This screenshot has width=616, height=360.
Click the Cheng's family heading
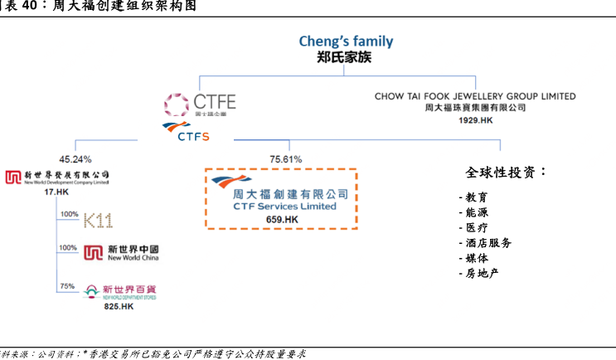346,41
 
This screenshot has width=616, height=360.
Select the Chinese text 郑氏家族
346,58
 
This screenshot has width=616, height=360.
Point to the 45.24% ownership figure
75,158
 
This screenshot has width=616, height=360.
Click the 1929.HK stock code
475,120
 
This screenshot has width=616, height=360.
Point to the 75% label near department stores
66,286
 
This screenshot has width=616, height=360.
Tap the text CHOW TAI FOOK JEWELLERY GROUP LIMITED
475,96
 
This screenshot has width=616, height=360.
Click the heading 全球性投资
506,173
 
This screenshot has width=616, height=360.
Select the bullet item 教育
475,197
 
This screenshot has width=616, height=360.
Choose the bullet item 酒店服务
486,243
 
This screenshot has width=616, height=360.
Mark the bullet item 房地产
481,273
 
